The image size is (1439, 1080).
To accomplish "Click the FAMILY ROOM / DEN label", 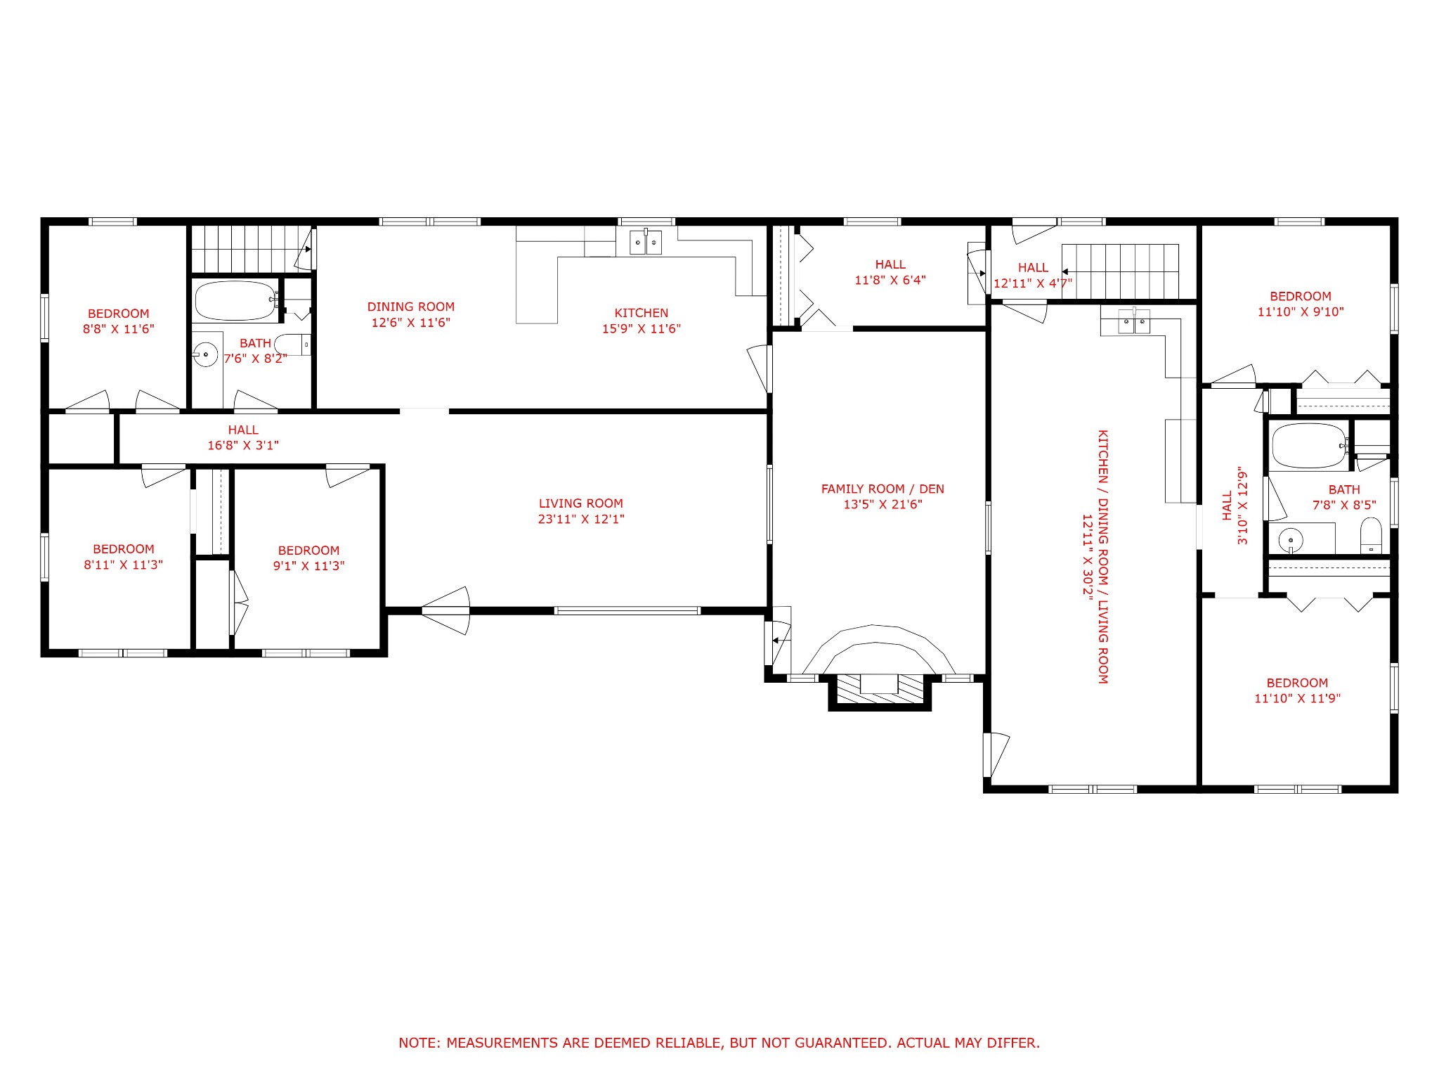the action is [x=883, y=489].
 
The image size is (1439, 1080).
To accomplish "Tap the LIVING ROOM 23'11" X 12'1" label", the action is [x=581, y=511].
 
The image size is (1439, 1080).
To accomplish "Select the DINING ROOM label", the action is [x=411, y=307].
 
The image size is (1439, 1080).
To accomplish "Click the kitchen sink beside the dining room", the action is [x=646, y=243].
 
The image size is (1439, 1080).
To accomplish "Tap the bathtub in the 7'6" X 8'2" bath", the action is [x=235, y=301].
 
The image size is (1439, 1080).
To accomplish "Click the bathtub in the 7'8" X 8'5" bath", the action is [x=1309, y=446].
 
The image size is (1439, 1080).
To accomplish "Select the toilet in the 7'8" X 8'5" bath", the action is [x=1371, y=536].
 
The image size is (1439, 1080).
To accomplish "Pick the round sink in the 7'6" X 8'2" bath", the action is [x=206, y=354].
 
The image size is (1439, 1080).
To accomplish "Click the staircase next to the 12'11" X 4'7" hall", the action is [x=1120, y=271].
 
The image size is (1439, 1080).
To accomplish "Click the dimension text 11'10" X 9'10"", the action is [x=1301, y=311].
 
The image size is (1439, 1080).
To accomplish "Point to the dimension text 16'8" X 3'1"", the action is [x=243, y=445].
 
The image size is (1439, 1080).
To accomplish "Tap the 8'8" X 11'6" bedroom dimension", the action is [x=119, y=328].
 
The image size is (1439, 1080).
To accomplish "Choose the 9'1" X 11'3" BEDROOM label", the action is [x=309, y=558].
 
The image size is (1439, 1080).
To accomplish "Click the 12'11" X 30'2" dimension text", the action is [x=1087, y=556].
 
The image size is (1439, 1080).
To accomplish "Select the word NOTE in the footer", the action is [x=419, y=1043].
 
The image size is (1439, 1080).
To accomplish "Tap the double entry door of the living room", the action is [x=445, y=610].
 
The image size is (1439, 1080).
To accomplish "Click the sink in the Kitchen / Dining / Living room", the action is [x=1134, y=323].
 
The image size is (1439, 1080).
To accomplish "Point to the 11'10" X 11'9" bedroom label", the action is [x=1298, y=690].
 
